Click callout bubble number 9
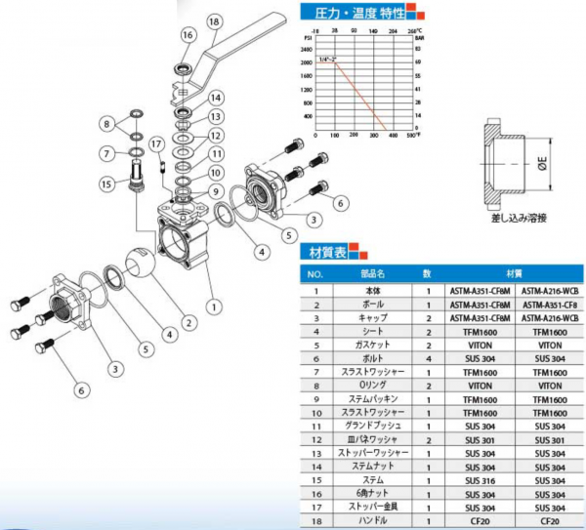click(218, 191)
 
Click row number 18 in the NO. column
click(314, 522)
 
